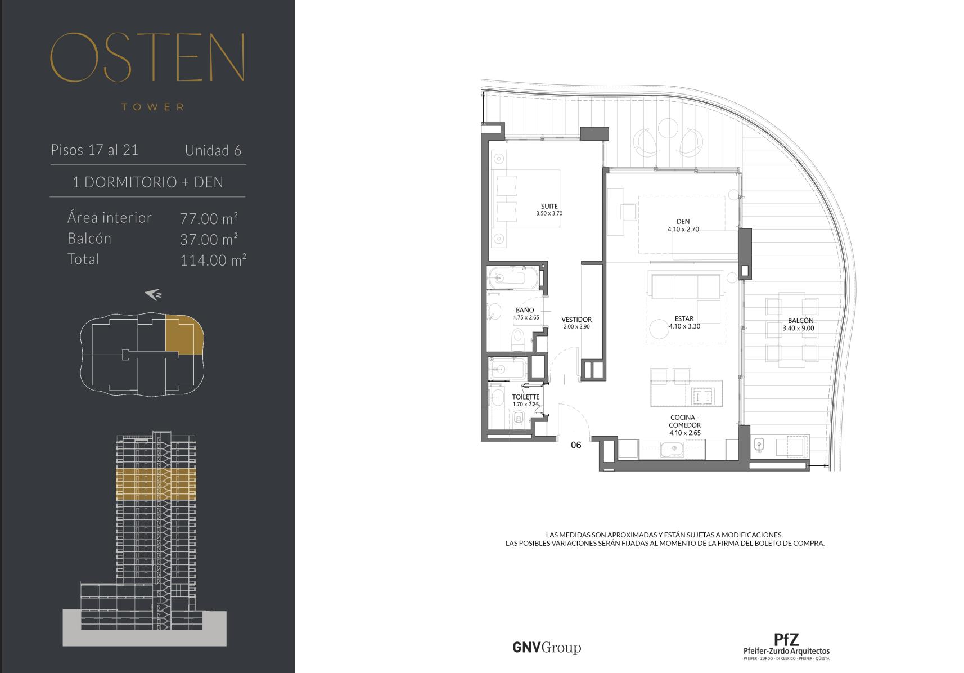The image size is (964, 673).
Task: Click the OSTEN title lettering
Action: [x=147, y=57]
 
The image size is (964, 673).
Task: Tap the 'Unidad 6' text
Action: [x=213, y=150]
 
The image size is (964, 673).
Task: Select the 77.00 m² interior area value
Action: [x=209, y=218]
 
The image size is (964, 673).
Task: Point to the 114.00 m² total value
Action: [x=213, y=259]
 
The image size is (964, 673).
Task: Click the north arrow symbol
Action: [x=153, y=294]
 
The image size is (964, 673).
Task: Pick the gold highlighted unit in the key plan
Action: [x=184, y=335]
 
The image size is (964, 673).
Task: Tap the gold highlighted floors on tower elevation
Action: [x=156, y=484]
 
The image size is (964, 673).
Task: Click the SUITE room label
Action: [x=549, y=207]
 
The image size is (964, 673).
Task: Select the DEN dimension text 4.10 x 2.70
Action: [x=683, y=229]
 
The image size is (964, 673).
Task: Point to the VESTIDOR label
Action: [x=576, y=320]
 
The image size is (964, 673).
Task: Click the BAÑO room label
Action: [x=525, y=310]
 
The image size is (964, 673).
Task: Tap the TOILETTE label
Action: [x=525, y=397]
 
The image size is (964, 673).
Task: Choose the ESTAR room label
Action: [x=684, y=318]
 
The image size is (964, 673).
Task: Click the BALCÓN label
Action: [x=800, y=320]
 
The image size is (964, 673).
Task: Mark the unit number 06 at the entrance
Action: [x=576, y=445]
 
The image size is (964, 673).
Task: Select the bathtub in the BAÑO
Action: [x=513, y=278]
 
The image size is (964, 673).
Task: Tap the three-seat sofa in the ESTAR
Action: [x=686, y=285]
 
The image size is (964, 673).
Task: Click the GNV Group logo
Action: [x=547, y=647]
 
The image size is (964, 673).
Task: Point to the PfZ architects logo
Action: [x=786, y=647]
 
